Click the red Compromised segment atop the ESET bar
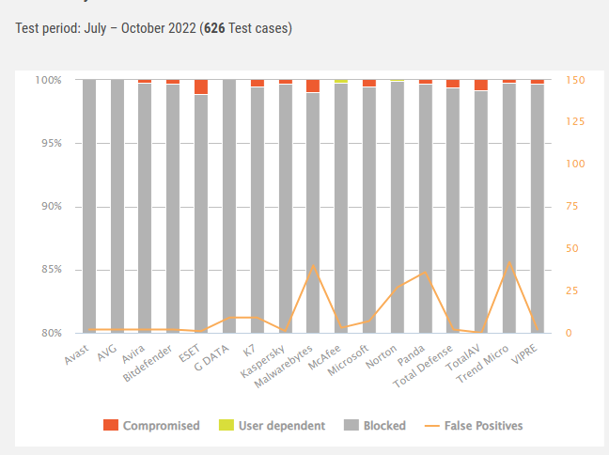click(201, 87)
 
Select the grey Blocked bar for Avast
click(89, 207)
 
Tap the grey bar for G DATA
click(229, 207)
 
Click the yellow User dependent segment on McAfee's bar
click(341, 82)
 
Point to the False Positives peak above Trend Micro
click(508, 261)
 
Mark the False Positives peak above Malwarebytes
click(313, 266)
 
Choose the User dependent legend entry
click(272, 425)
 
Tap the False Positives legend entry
click(474, 425)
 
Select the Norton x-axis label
click(383, 354)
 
